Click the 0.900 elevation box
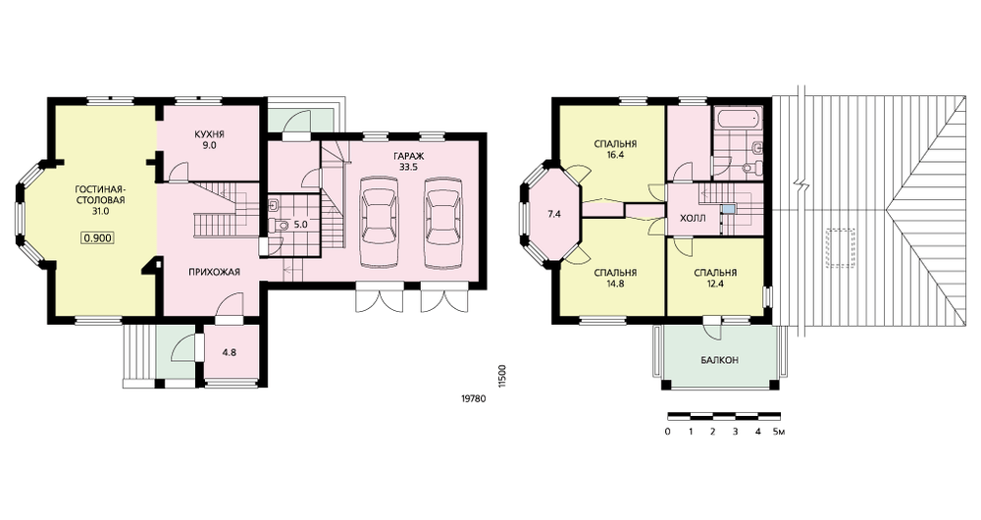click(x=97, y=237)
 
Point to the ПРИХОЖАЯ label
click(x=215, y=272)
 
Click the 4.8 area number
click(x=230, y=352)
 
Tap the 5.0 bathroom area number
click(x=300, y=223)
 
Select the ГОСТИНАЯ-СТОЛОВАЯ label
click(x=100, y=195)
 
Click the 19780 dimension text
click(x=473, y=398)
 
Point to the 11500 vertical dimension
click(x=501, y=378)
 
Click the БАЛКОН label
click(x=719, y=360)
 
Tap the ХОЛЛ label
click(x=693, y=219)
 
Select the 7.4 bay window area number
click(x=554, y=214)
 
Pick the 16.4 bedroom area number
click(x=615, y=153)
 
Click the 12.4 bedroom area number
click(x=715, y=283)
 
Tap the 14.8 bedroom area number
click(x=615, y=283)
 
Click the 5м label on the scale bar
click(x=778, y=432)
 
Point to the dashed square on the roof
click(x=842, y=248)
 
